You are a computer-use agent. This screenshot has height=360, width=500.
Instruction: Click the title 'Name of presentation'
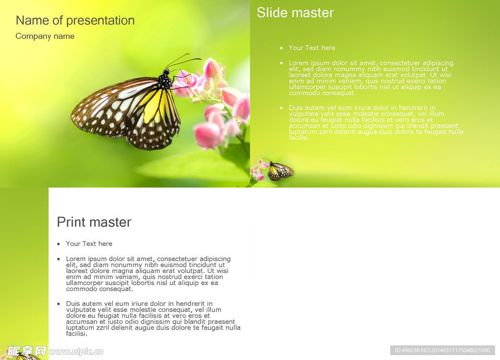click(75, 21)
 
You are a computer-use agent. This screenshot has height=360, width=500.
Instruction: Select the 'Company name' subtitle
click(45, 36)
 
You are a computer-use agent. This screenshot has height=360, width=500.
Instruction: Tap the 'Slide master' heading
click(295, 13)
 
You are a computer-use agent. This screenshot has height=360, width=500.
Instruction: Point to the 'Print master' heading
click(94, 222)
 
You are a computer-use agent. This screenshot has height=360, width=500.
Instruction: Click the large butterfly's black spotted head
click(165, 80)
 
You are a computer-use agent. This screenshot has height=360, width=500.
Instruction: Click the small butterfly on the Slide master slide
click(280, 171)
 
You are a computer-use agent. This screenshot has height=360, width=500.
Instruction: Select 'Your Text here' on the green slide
click(312, 48)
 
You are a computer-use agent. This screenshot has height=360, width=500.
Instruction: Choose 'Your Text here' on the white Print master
click(89, 244)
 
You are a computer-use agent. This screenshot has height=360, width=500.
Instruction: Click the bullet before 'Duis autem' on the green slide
click(281, 108)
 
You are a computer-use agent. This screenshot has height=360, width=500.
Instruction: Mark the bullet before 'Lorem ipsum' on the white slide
click(59, 259)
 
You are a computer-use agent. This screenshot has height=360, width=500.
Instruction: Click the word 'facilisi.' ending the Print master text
click(77, 334)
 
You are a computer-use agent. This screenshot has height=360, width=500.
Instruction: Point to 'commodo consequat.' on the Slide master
click(322, 93)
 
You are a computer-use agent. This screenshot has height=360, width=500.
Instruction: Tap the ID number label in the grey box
click(442, 350)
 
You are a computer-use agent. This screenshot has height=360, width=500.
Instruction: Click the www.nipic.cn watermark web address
click(76, 352)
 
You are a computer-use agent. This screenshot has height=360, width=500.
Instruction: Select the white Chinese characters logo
click(27, 351)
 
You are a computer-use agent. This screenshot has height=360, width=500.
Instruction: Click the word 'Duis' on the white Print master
click(73, 303)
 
